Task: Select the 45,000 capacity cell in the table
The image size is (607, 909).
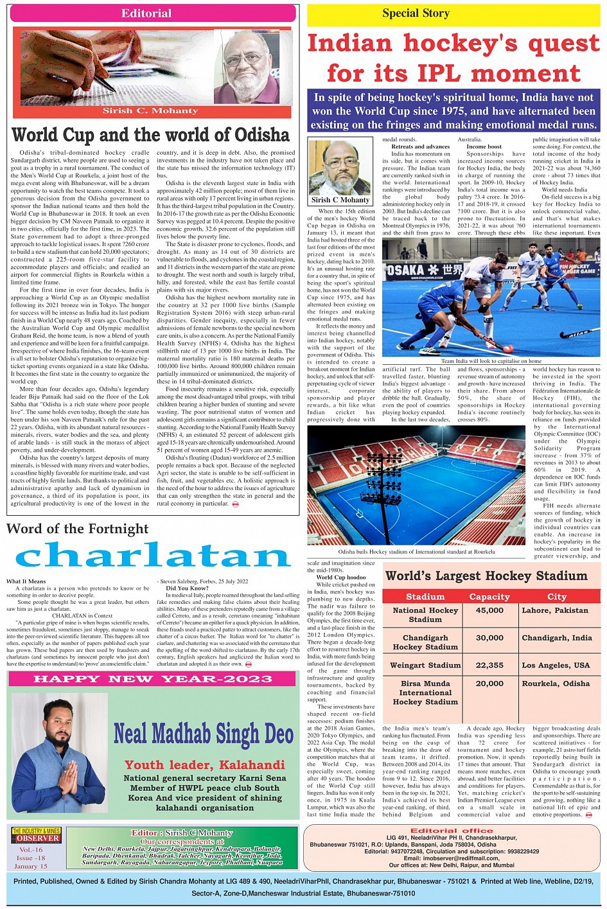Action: [x=489, y=611]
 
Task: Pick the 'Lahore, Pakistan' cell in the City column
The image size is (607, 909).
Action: [x=555, y=611]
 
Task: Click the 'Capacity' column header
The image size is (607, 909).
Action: [x=489, y=597]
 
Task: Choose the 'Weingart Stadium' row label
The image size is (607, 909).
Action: [x=425, y=666]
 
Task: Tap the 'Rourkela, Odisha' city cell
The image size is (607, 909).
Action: [x=555, y=684]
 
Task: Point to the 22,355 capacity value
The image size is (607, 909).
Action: [x=489, y=666]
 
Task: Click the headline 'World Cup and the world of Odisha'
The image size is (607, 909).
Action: [x=151, y=135]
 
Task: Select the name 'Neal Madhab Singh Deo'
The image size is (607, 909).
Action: [x=203, y=734]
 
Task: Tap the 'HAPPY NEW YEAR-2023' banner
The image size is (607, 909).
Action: [x=153, y=679]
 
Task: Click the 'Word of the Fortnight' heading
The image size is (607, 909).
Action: [x=78, y=529]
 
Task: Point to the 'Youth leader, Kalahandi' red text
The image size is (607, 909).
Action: [x=204, y=765]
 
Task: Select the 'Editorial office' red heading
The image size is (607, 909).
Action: [x=452, y=831]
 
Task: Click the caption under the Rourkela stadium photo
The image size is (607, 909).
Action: [x=416, y=552]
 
